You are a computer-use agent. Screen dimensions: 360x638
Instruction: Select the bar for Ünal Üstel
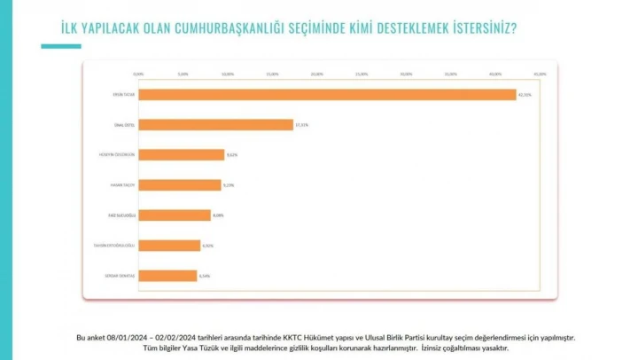pos(215,125)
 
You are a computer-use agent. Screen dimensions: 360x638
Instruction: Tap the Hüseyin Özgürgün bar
pos(181,155)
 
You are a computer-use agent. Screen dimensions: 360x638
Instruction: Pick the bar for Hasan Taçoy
pos(179,185)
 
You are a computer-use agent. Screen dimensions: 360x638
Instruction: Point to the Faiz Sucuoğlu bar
pos(174,215)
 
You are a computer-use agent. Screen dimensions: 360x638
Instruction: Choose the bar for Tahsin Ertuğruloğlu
pos(168,246)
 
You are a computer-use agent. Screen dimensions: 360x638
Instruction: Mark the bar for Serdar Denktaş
pos(167,276)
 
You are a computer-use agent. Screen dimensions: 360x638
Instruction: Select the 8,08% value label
pos(218,215)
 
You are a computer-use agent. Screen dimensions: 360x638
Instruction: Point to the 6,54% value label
pos(205,276)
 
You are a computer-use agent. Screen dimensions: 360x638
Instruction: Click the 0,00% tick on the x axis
pos(137,74)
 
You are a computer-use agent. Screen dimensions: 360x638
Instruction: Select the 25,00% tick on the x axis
pos(362,74)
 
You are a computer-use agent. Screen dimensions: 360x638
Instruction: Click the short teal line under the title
pos(60,46)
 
